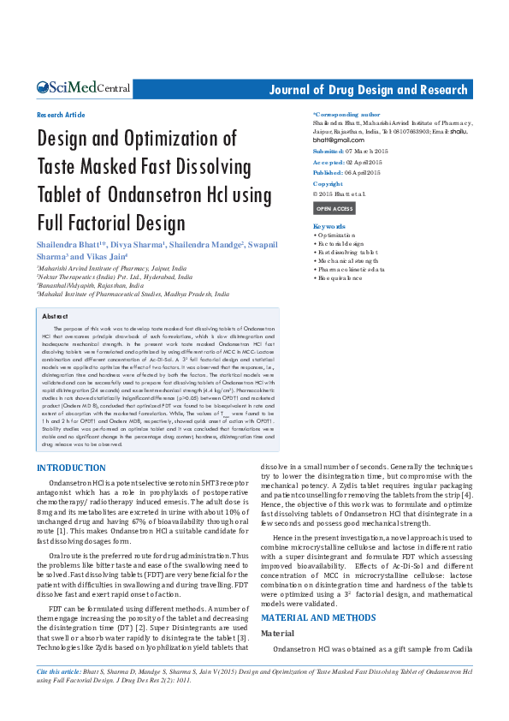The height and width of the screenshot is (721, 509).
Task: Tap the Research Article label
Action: coord(61,115)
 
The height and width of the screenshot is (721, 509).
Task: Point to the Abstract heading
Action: coord(57,317)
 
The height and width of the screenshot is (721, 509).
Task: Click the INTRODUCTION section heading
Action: coord(71,468)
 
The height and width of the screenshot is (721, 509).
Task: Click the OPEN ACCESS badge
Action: coord(334,209)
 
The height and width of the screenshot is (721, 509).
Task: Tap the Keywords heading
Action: coord(329,226)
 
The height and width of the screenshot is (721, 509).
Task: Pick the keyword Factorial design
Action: coord(340,244)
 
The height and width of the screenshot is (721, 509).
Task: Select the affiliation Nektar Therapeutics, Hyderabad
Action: coord(112,277)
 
